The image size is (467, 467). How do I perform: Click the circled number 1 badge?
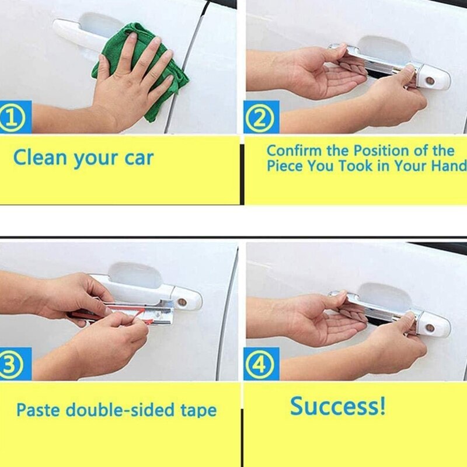11,118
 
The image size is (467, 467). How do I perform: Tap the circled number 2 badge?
260,119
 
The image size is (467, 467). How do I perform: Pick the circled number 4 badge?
260,364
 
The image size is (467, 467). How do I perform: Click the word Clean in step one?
40,157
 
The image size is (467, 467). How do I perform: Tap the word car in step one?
139,158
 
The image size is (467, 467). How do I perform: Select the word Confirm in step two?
294,151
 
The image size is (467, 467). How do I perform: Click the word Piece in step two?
285,165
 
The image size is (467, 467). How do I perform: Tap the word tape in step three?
198,411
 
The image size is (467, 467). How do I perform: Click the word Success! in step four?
338,406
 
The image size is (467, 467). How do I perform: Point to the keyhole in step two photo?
430,81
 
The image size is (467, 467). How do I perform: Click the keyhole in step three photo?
182,302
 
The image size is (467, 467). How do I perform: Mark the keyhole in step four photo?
430,328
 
